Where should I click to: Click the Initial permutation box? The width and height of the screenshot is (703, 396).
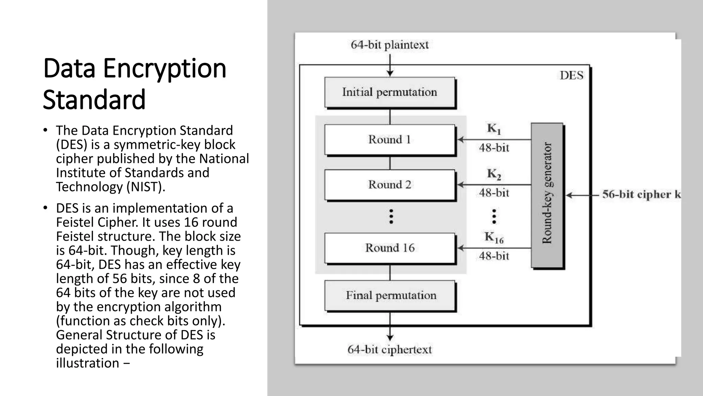[390, 92]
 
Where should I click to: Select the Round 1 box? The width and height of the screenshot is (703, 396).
[390, 140]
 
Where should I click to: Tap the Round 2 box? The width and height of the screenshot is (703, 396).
[390, 185]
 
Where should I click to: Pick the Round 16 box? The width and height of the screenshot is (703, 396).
[390, 248]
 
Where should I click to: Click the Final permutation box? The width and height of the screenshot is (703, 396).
[390, 295]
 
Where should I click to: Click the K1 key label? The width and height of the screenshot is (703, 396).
[494, 129]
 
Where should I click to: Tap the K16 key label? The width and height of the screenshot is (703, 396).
[494, 237]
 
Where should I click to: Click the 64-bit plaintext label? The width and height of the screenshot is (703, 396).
[390, 45]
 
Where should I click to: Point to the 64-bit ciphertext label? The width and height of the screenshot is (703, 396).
[390, 350]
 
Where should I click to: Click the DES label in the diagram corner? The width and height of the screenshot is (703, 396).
[571, 75]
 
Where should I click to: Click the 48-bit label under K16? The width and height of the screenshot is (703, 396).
[494, 256]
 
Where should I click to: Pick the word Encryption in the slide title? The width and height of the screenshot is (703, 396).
[164, 68]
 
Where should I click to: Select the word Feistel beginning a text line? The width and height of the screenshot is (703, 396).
[74, 236]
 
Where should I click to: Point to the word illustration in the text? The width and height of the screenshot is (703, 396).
[88, 363]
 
